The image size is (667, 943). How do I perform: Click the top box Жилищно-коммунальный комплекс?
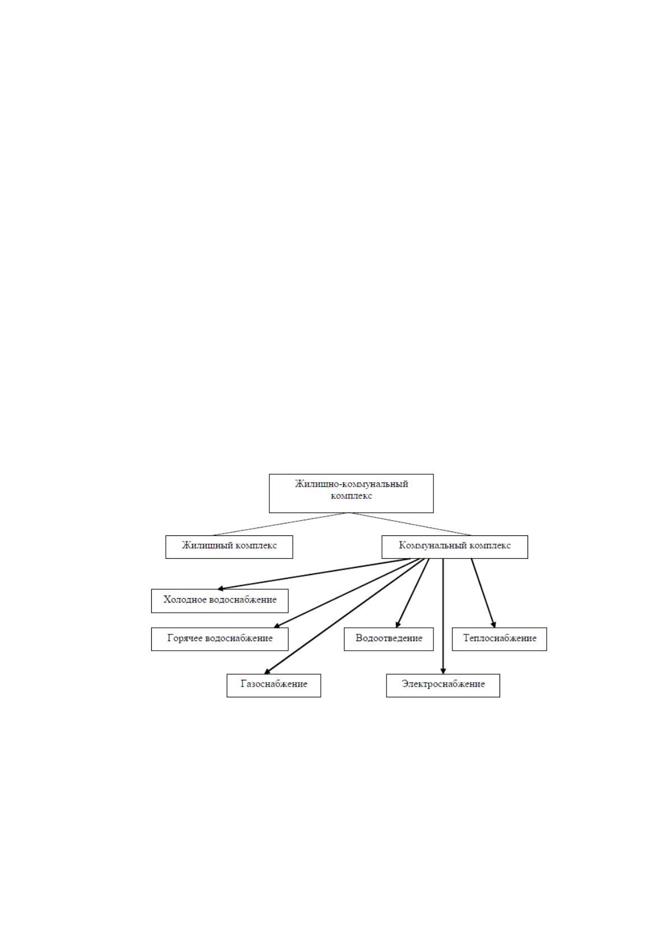click(351, 493)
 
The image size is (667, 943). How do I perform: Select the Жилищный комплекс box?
click(229, 547)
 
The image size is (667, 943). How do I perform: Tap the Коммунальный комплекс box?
click(455, 547)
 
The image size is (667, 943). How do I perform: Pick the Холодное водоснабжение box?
click(220, 601)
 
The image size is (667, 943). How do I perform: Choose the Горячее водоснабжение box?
click(220, 639)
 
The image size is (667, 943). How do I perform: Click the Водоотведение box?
click(389, 639)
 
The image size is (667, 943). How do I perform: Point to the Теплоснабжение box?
click(500, 639)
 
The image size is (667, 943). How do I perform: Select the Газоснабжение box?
click(274, 686)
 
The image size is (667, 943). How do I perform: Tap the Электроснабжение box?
click(443, 686)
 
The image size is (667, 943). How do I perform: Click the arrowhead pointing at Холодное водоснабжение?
click(220, 589)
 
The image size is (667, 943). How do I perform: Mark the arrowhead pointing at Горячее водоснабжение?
click(277, 626)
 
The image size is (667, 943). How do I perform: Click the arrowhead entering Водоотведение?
click(398, 624)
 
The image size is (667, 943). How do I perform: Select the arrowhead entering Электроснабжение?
click(443, 671)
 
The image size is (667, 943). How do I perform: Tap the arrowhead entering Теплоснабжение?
click(494, 624)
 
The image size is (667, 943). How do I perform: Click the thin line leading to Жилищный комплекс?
click(281, 524)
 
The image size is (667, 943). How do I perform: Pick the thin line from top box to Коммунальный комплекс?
click(411, 524)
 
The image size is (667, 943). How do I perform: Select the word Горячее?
click(185, 638)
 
